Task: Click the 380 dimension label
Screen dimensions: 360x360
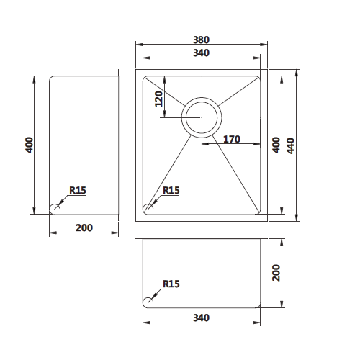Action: [201, 40]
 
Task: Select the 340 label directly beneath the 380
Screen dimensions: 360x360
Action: [201, 53]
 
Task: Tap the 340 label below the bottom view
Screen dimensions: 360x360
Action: [201, 318]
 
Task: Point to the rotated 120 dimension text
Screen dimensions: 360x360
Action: [158, 99]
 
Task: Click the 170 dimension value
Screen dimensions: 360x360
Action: [232, 139]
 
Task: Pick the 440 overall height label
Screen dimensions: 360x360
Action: [290, 145]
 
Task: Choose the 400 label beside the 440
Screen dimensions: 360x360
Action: [276, 145]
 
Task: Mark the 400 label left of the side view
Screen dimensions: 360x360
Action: [29, 145]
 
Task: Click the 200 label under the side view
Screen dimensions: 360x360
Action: [84, 228]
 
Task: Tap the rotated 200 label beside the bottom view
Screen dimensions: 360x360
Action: [276, 273]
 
